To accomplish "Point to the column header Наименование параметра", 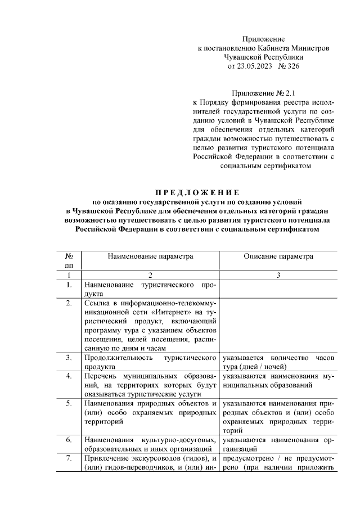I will [x=150, y=256].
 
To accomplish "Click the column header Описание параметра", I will [x=278, y=256].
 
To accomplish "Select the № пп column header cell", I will [x=69, y=260].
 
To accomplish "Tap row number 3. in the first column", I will [x=69, y=358].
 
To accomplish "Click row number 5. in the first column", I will [x=69, y=404].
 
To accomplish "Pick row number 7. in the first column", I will [x=69, y=459].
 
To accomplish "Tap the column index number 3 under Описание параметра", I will [x=278, y=275].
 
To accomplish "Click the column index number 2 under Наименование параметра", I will [x=150, y=275].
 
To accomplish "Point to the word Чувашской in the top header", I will [x=247, y=57].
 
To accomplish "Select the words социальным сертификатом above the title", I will [x=263, y=166].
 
